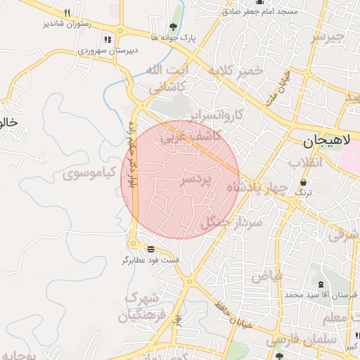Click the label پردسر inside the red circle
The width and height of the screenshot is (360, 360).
(x=196, y=180)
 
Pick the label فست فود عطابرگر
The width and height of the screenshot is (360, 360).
(x=151, y=260)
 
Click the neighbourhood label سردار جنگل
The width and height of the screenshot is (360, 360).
(x=231, y=223)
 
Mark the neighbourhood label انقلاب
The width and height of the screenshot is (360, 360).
(x=306, y=164)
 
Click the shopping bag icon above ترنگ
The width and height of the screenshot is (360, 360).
(x=303, y=182)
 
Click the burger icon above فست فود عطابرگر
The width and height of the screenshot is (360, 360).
(x=151, y=250)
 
